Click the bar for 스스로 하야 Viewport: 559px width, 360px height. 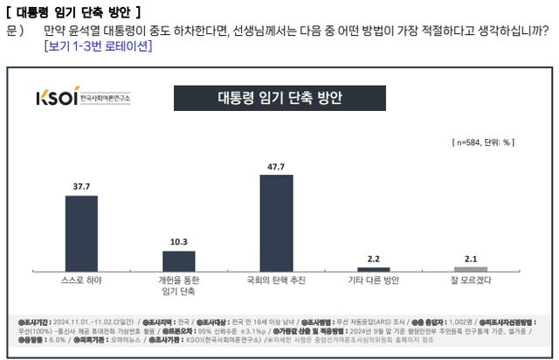pos(82,233)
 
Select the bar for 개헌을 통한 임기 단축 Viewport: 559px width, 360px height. pos(179,261)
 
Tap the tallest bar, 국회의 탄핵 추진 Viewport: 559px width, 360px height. pos(276,223)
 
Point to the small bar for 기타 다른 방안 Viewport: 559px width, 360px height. pos(373,269)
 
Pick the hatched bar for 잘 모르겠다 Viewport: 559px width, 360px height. pos(470,269)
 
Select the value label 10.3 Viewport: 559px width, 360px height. pos(179,242)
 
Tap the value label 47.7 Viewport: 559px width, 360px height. pos(276,166)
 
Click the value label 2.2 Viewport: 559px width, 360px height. pos(373,259)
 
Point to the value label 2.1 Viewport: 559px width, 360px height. pos(470,259)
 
